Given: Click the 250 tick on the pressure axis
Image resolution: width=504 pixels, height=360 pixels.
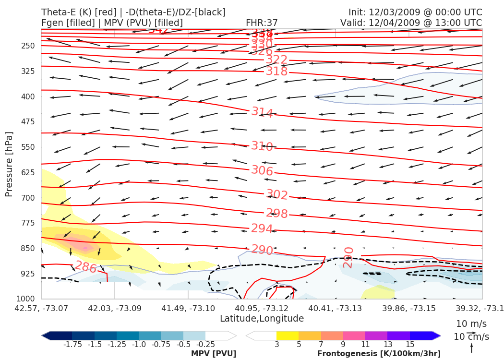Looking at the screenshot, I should (x=28, y=46).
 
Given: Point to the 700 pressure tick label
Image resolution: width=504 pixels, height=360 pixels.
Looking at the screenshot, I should (x=28, y=198).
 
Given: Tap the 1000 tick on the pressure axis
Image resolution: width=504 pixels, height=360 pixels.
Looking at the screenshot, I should (x=26, y=299).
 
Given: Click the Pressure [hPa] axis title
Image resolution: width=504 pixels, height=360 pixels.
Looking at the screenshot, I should (x=9, y=164).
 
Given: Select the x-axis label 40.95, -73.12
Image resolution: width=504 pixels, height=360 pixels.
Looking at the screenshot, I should (x=262, y=308).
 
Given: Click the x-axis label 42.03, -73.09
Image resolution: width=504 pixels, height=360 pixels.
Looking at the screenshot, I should (x=115, y=308).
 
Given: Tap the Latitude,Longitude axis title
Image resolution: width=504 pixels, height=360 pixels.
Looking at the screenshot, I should (x=262, y=319).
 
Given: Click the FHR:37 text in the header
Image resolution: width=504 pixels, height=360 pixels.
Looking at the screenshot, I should (x=262, y=23).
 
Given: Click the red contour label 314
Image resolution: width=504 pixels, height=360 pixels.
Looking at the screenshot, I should (x=263, y=112).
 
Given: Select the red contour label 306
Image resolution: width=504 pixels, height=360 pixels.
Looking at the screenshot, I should (x=262, y=170).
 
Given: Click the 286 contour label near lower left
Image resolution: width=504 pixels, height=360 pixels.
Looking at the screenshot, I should (x=86, y=267).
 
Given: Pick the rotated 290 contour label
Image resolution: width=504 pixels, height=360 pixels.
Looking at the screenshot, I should (x=348, y=257).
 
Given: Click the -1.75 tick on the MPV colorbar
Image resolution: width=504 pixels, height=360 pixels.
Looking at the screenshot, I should (x=72, y=345).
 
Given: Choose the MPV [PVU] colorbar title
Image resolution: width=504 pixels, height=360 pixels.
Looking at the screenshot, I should (x=214, y=354).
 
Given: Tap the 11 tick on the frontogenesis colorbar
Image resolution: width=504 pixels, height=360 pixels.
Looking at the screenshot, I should (x=365, y=345).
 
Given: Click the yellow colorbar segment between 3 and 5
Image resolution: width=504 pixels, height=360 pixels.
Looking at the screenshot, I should (x=288, y=336).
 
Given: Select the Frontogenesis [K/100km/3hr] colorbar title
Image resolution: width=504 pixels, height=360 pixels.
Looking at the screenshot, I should (x=379, y=354).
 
